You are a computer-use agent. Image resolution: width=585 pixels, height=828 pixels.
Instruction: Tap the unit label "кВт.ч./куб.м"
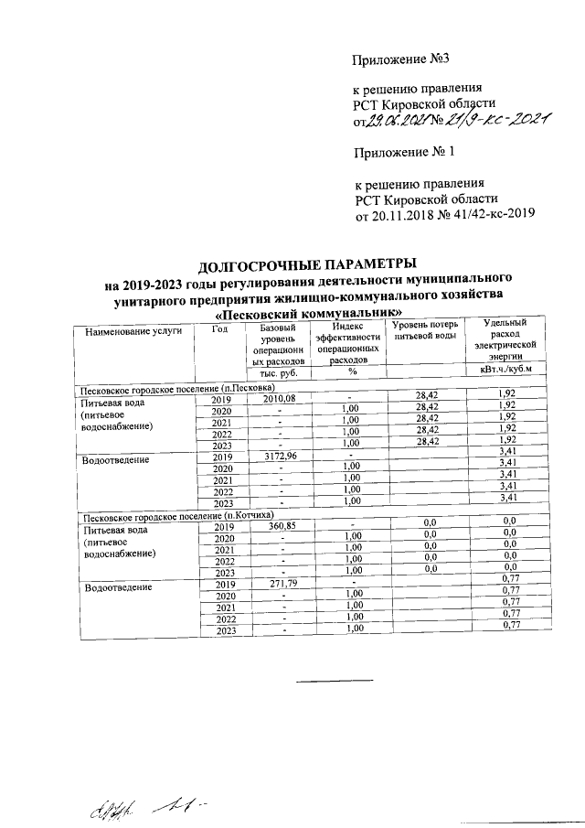[505, 371]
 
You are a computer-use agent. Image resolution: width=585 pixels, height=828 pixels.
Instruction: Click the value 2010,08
[281, 399]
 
